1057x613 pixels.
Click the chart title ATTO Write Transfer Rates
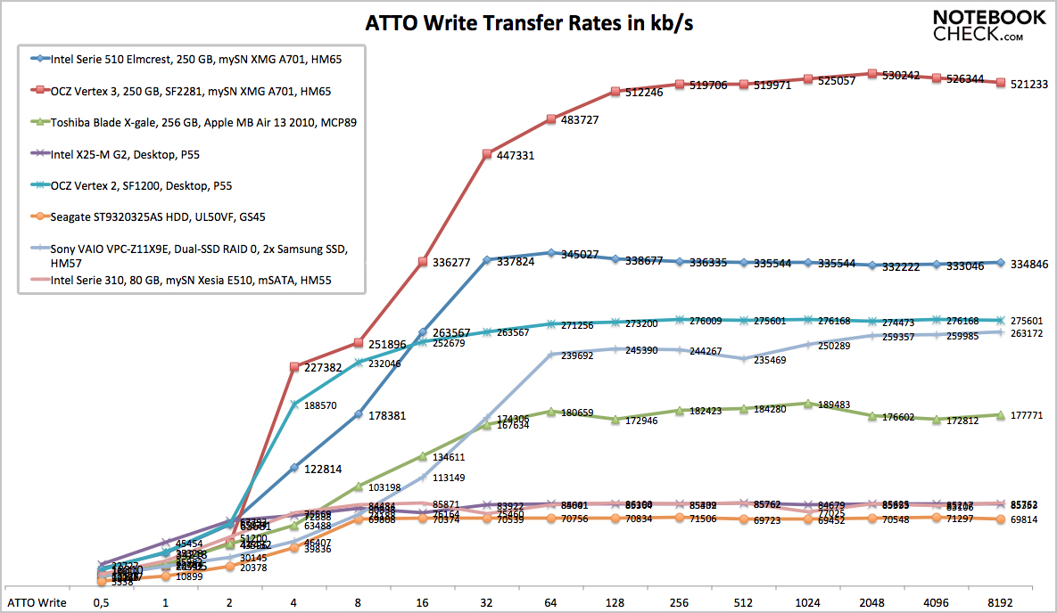click(x=529, y=24)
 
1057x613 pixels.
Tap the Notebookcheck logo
click(x=989, y=26)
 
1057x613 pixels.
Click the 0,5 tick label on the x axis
click(x=101, y=602)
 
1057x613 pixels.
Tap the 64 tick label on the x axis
click(x=551, y=602)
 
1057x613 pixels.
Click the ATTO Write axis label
click(x=36, y=602)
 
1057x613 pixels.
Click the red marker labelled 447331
click(x=487, y=154)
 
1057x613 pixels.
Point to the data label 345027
click(x=580, y=255)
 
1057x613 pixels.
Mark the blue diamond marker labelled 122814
click(x=294, y=468)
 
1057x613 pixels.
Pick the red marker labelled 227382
click(x=294, y=365)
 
